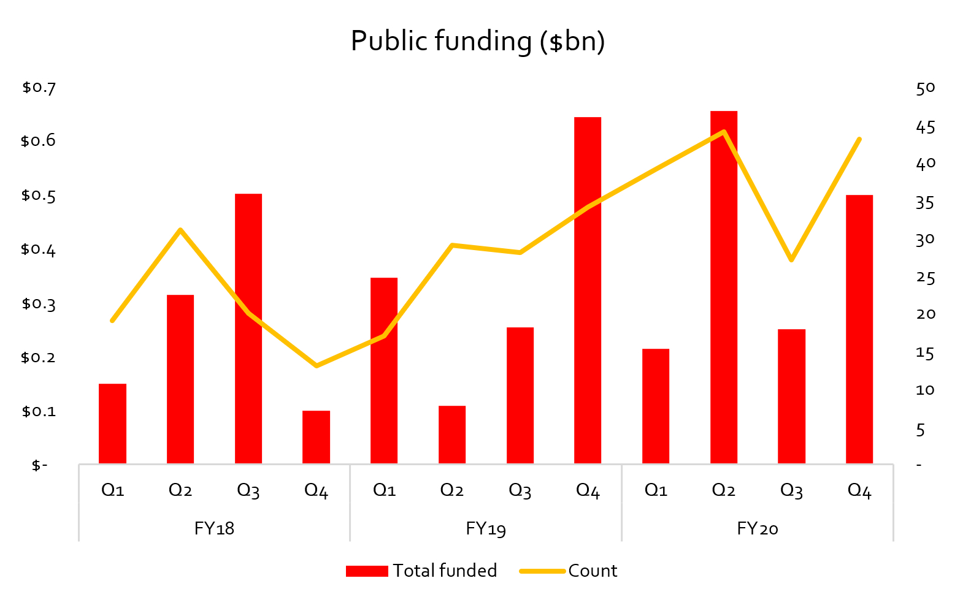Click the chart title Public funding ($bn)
(x=478, y=42)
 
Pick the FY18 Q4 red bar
(x=316, y=437)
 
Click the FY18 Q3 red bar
(x=248, y=329)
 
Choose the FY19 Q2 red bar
(x=452, y=435)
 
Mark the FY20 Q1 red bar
(x=656, y=406)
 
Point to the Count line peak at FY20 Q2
(x=724, y=132)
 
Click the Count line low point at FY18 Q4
(x=316, y=366)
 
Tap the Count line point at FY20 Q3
(x=791, y=260)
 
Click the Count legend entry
(x=569, y=571)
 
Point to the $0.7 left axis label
(x=39, y=88)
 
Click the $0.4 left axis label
(x=39, y=249)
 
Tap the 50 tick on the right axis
(x=925, y=88)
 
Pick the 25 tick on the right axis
(x=925, y=278)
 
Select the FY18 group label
(x=214, y=528)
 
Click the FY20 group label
(x=758, y=528)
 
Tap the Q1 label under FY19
(x=384, y=490)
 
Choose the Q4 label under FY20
(x=859, y=490)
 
